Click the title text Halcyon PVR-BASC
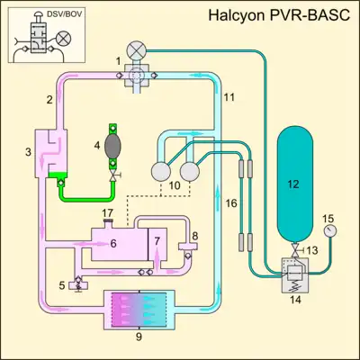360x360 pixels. click(x=279, y=15)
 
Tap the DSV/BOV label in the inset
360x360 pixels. click(x=65, y=14)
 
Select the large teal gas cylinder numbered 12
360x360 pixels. click(x=295, y=184)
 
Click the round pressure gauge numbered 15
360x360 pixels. click(x=330, y=231)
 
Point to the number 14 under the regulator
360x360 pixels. click(x=295, y=300)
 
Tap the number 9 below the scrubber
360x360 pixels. click(x=139, y=337)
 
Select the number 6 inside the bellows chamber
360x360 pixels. click(x=113, y=243)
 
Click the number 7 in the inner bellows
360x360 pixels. click(x=157, y=240)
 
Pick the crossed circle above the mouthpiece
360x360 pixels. click(x=137, y=50)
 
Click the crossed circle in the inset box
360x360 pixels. click(x=63, y=39)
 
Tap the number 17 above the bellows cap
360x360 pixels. click(x=107, y=213)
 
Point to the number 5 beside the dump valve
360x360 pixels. click(x=62, y=285)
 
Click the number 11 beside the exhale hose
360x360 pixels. click(x=229, y=97)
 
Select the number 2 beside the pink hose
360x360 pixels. click(x=49, y=100)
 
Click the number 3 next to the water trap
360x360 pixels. click(x=28, y=152)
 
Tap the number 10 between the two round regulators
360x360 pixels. click(x=175, y=185)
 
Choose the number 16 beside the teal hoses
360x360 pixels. click(x=231, y=203)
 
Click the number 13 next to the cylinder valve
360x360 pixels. click(x=312, y=250)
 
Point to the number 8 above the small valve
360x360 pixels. click(x=195, y=236)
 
